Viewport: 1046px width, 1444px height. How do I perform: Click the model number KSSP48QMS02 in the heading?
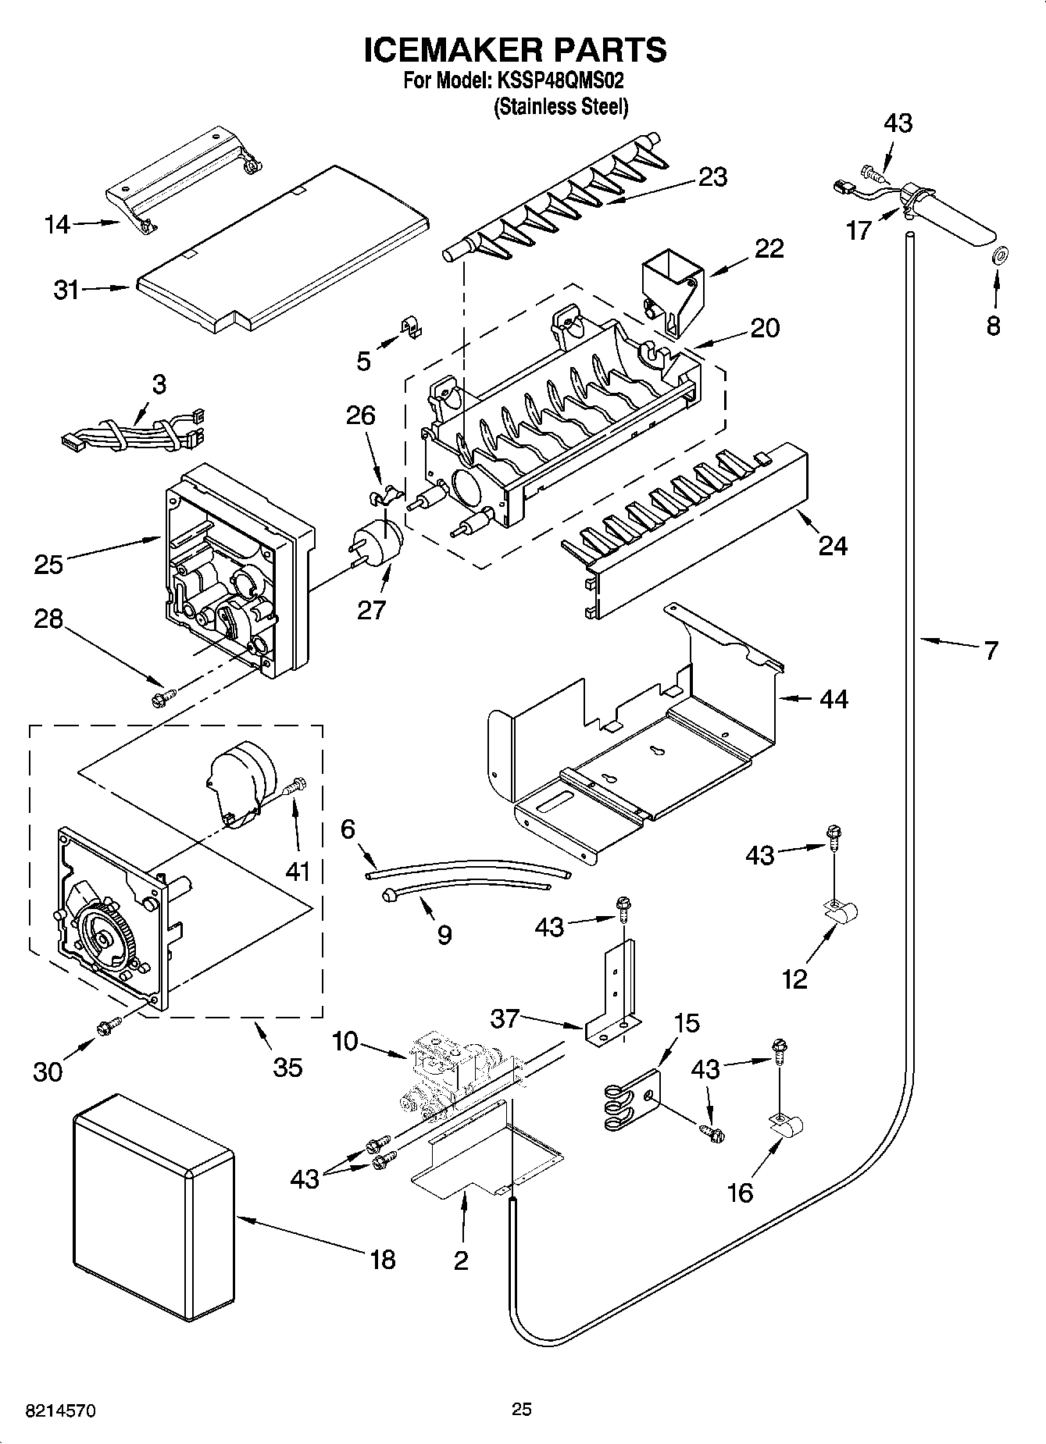558,80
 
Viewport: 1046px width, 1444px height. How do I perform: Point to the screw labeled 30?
107,1028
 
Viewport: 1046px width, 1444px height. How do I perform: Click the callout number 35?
287,1066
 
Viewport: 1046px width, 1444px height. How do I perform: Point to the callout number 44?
834,698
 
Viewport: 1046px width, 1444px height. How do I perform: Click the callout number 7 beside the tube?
990,649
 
